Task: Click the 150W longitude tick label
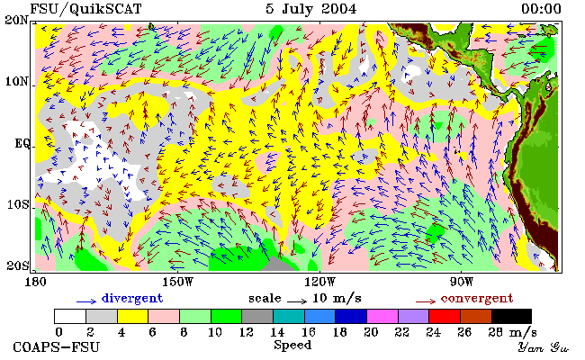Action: (178, 282)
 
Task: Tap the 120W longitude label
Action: (319, 282)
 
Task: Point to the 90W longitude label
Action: (462, 282)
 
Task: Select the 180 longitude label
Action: (35, 282)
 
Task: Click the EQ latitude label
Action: (22, 144)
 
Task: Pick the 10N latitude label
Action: (17, 81)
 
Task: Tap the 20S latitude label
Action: (18, 265)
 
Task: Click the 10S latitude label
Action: (18, 204)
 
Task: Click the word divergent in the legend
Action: (132, 298)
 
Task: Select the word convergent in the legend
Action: (477, 298)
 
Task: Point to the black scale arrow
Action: (297, 301)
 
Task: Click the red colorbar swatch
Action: (445, 316)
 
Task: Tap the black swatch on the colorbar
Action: (511, 316)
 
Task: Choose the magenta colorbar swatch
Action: (382, 316)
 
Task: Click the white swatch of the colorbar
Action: (70, 316)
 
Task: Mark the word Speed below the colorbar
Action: (292, 346)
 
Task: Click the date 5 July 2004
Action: (310, 9)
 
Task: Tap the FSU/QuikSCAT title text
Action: (85, 9)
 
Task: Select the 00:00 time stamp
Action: (541, 9)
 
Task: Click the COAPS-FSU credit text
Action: (57, 346)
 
